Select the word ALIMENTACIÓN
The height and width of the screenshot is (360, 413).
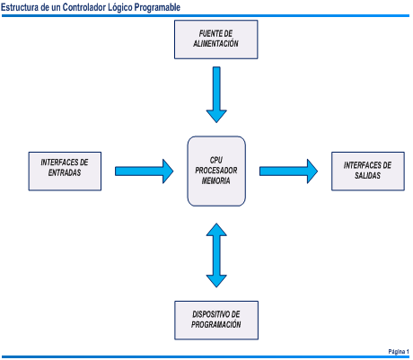point(215,43)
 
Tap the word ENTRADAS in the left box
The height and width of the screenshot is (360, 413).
point(65,172)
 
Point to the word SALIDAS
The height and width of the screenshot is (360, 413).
point(367,175)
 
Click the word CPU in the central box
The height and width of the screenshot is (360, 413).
point(216,160)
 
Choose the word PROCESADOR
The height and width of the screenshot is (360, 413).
point(216,171)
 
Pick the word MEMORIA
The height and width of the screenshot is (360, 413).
point(215,180)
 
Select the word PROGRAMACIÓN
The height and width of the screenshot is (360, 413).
point(216,324)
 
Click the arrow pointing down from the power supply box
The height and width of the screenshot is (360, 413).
point(216,94)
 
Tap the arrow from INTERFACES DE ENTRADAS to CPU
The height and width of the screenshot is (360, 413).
point(145,171)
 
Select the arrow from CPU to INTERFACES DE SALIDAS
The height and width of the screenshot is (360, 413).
point(288,171)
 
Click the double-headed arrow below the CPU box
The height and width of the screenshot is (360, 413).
point(216,255)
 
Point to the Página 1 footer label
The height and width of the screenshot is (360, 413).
point(399,351)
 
